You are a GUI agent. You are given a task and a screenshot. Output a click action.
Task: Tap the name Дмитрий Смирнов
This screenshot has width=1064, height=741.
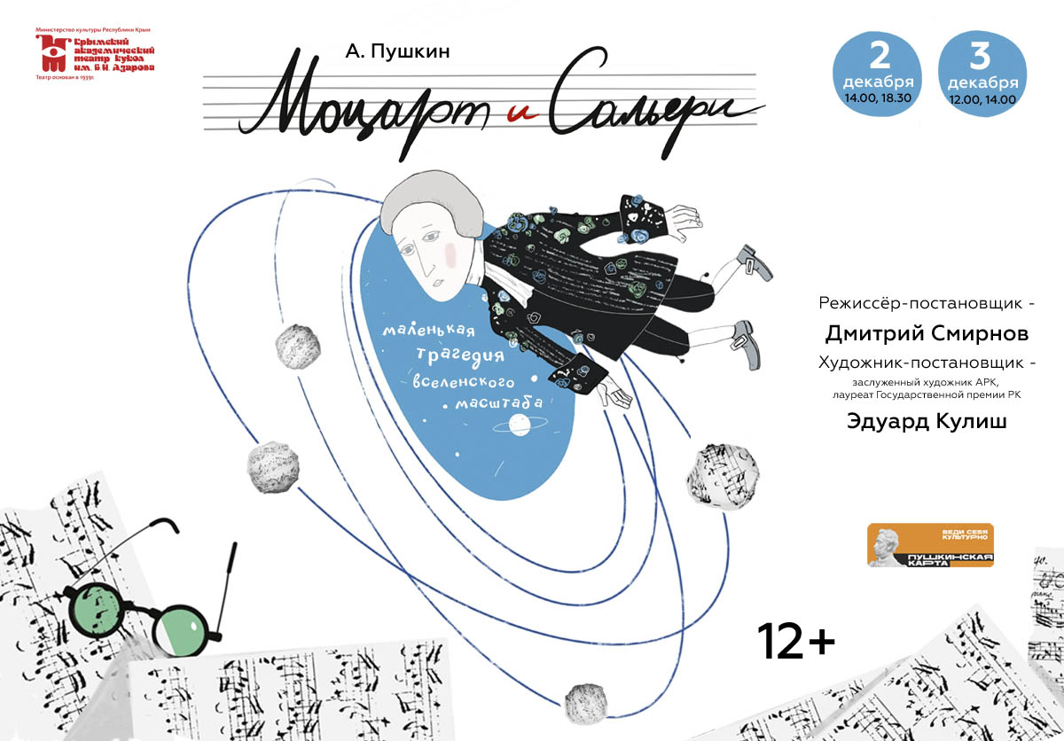coord(926,334)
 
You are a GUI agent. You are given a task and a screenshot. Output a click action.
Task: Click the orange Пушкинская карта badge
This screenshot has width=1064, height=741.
coord(929,546)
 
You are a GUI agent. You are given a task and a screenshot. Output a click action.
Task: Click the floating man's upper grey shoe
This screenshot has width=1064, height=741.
coord(753,261)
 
